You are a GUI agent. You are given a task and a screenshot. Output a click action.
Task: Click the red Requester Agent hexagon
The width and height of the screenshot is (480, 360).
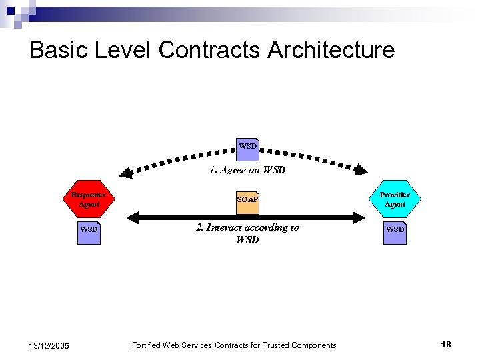coord(89,199)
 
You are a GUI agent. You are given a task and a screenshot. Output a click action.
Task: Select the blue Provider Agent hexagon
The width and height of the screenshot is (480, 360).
coord(395,199)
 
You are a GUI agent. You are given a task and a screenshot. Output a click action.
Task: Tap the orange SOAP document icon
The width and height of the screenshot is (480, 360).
coord(247,200)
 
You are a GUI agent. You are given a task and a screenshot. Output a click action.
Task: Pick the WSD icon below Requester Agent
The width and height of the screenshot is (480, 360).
coord(89,230)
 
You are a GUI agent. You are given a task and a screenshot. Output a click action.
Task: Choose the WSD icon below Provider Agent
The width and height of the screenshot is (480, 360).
coord(395,230)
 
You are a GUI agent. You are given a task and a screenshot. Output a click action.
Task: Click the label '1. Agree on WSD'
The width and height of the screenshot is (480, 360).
coord(247,170)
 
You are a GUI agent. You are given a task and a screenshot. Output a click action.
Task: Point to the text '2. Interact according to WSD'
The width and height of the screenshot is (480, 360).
coord(247,233)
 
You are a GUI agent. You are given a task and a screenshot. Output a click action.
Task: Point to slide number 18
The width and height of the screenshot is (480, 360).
coord(446,344)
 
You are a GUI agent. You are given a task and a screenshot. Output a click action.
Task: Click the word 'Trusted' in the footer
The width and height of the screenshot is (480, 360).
coord(272,345)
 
